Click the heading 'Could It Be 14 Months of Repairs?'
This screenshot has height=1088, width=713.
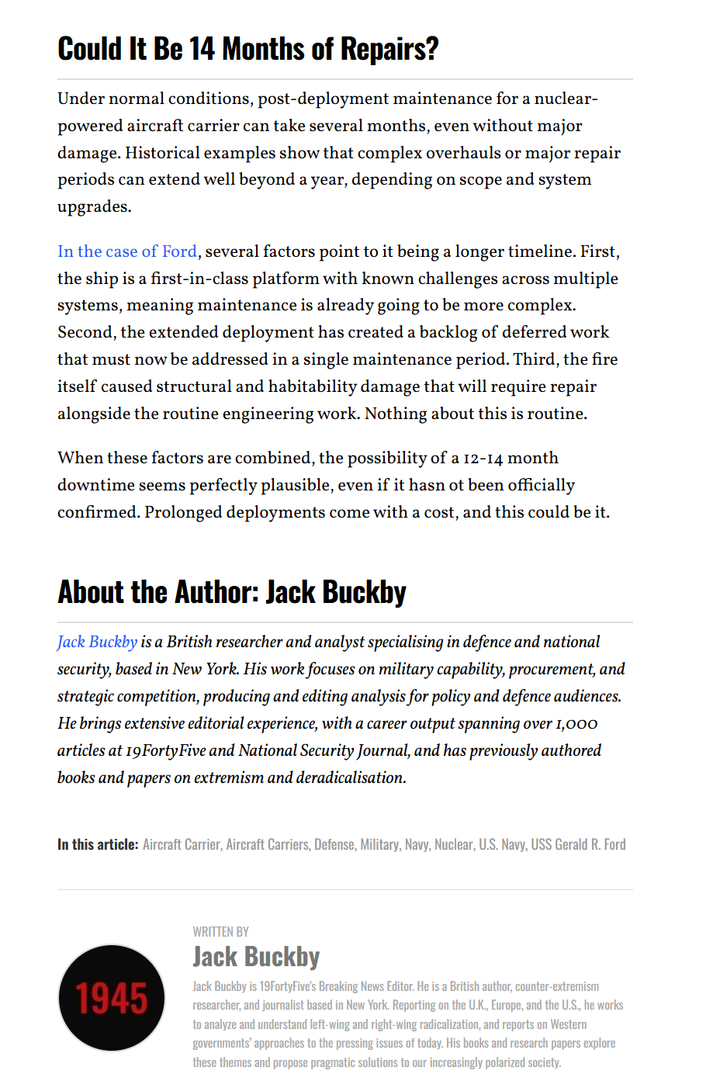247,49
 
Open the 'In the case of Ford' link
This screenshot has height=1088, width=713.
127,251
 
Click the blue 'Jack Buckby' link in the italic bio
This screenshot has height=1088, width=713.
97,642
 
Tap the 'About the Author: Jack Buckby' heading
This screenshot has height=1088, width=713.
231,592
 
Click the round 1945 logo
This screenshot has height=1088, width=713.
112,997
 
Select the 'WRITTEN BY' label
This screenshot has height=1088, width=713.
221,931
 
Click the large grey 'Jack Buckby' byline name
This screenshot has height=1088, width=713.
256,957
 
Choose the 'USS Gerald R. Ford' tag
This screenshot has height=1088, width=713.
578,844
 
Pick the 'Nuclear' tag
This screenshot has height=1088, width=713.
454,844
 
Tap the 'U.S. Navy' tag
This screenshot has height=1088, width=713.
502,844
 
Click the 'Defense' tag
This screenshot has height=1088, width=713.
334,844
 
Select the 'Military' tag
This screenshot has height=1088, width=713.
379,844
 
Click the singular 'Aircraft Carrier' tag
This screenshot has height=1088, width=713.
181,844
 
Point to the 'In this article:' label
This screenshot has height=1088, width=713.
98,844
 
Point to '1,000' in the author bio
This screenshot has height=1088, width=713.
576,724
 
